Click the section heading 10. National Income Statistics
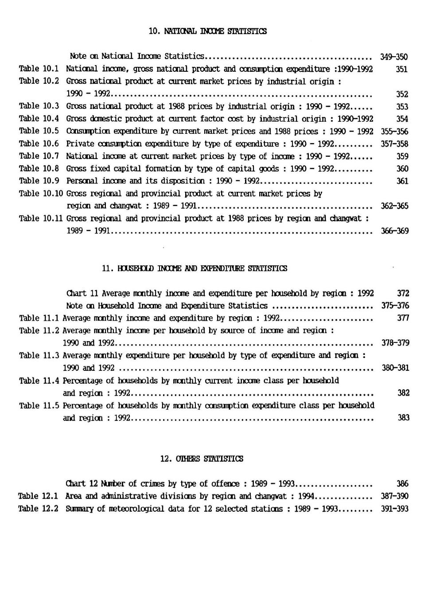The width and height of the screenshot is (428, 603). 207,31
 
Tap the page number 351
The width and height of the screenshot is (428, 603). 402,69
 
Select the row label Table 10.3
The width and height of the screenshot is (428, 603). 39,106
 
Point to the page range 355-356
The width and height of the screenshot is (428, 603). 394,132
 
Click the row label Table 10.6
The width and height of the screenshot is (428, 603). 39,144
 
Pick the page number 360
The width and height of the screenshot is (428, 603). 402,169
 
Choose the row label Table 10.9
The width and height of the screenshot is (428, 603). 39,181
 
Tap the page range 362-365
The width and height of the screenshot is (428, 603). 394,206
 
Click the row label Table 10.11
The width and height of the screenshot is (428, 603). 41,218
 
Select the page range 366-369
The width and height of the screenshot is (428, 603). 394,231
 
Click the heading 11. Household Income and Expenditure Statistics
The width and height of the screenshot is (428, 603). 195,268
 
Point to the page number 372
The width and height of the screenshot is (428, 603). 403,293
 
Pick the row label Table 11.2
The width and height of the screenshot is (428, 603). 39,331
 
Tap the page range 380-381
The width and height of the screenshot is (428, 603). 395,368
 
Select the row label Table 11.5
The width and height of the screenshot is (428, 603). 39,405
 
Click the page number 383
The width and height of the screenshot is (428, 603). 404,418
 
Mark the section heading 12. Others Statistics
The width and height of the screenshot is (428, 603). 202,459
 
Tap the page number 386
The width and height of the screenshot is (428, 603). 403,484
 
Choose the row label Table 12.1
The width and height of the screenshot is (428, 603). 38,496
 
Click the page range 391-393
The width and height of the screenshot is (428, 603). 394,509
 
